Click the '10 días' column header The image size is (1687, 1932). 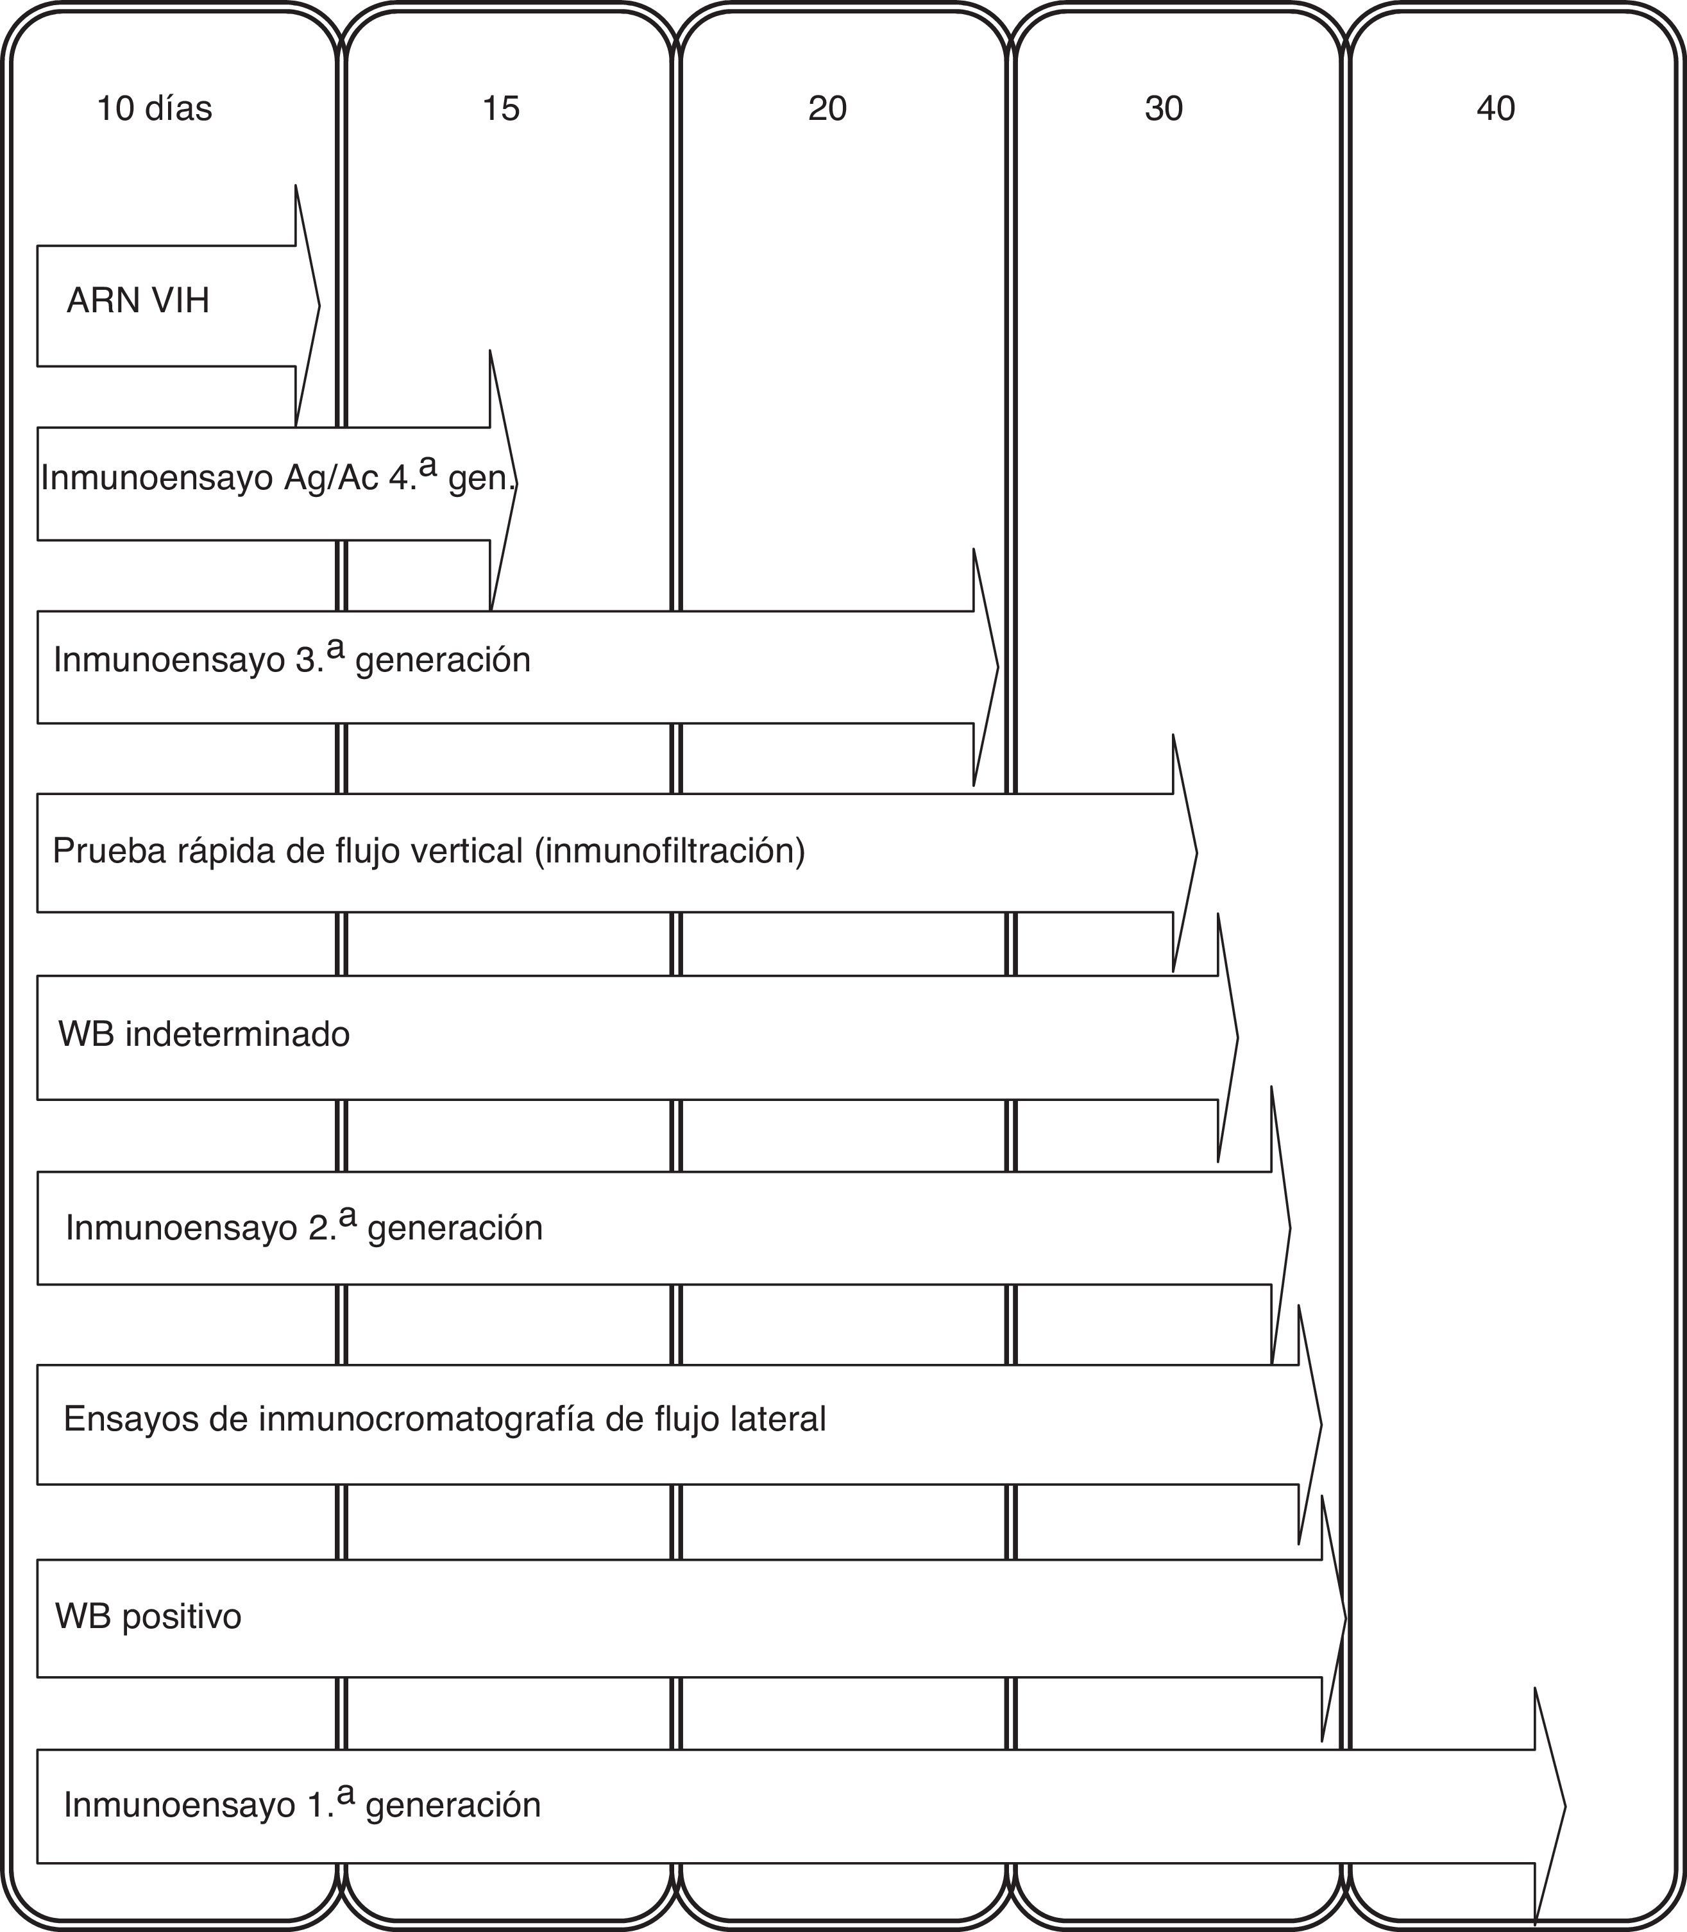coord(155,109)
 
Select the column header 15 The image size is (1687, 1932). coord(501,109)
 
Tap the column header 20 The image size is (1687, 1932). coord(827,109)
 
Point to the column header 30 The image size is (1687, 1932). coord(1164,109)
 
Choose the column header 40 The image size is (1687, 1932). coord(1496,109)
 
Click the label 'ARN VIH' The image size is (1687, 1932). coord(139,301)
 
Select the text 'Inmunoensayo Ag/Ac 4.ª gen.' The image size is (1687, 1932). coord(278,478)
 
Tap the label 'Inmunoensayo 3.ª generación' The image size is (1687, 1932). coord(292,660)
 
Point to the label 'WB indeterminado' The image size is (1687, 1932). coord(204,1034)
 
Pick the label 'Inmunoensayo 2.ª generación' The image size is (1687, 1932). coord(304,1228)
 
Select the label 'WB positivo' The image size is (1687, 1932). coord(149,1616)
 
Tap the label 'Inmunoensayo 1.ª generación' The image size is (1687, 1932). coord(302,1805)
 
